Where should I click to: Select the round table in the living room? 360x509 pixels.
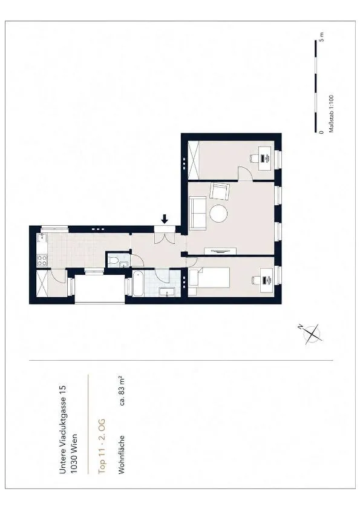(x=218, y=214)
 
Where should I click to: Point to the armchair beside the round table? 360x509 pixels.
(x=220, y=191)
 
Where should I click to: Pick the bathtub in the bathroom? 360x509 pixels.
(x=137, y=284)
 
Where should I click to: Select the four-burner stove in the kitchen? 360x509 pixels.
(x=42, y=260)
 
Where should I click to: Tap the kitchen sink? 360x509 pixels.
(x=41, y=239)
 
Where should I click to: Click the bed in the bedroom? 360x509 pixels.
(x=209, y=278)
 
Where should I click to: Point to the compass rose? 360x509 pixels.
(x=312, y=333)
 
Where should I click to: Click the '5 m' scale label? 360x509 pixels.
(x=322, y=37)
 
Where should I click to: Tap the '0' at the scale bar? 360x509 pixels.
(x=321, y=132)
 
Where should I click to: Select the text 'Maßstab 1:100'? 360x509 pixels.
(x=331, y=114)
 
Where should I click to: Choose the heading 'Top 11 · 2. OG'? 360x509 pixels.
(x=102, y=446)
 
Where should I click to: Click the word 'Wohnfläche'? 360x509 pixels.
(x=122, y=455)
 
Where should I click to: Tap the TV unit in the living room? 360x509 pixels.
(x=220, y=251)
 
